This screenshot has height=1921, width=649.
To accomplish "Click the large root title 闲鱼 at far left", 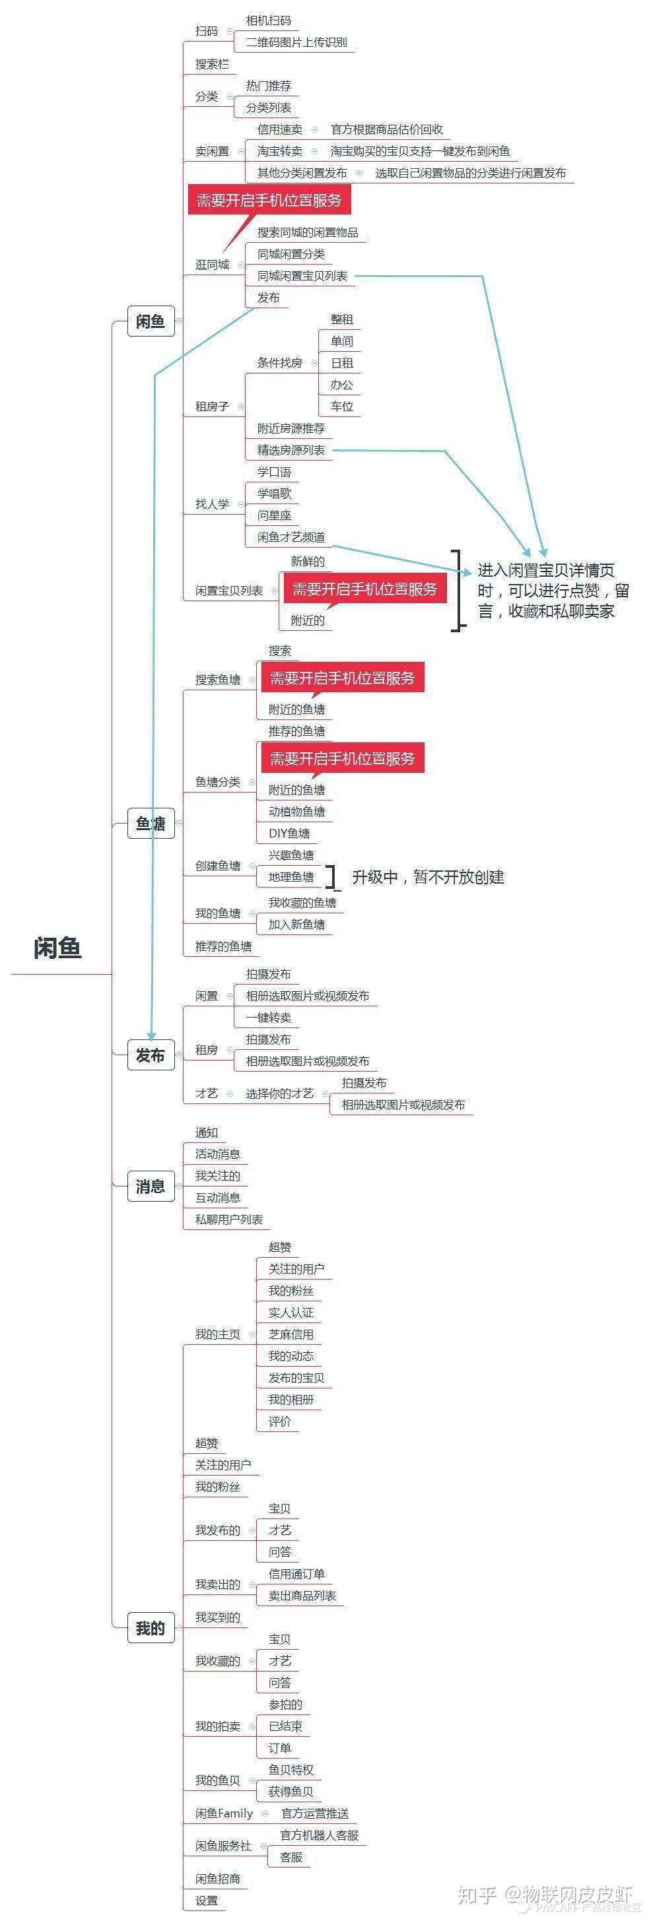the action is pyautogui.click(x=57, y=948).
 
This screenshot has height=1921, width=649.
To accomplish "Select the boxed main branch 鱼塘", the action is pyautogui.click(x=151, y=824).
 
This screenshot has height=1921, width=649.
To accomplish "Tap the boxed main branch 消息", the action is pyautogui.click(x=151, y=1187).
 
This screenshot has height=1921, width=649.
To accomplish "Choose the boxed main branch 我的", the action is pyautogui.click(x=151, y=1628).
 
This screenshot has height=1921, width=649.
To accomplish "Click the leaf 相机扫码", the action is pyautogui.click(x=269, y=21).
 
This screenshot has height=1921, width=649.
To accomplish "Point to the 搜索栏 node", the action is pyautogui.click(x=212, y=64).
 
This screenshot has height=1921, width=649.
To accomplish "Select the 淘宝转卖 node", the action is pyautogui.click(x=280, y=151).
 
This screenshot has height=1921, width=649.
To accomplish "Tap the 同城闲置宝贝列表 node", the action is pyautogui.click(x=302, y=276).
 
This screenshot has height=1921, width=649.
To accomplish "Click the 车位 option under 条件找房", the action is pyautogui.click(x=341, y=407).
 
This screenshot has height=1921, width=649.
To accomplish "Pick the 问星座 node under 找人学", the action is pyautogui.click(x=274, y=515).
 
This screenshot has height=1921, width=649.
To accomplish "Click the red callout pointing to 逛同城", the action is pyautogui.click(x=269, y=200).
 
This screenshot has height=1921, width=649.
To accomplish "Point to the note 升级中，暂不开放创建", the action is pyautogui.click(x=428, y=877).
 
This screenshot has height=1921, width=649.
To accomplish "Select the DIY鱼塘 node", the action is pyautogui.click(x=289, y=833).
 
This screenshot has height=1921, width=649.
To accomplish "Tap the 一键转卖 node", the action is pyautogui.click(x=269, y=1017).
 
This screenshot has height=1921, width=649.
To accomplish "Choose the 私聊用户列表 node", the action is pyautogui.click(x=229, y=1220).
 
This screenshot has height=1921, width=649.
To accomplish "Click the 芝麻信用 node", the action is pyautogui.click(x=291, y=1334).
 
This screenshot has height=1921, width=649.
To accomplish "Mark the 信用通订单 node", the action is pyautogui.click(x=296, y=1573).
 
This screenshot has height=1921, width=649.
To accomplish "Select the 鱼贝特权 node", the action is pyautogui.click(x=291, y=1770).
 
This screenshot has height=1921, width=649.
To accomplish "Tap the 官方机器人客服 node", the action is pyautogui.click(x=320, y=1835).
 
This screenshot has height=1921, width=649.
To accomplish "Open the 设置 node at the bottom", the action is pyautogui.click(x=207, y=1900).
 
